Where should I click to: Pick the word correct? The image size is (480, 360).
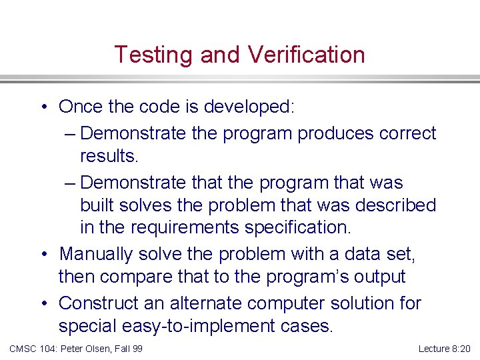click(x=407, y=133)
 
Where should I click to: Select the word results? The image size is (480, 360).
click(x=109, y=156)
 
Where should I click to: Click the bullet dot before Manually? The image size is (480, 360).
click(x=43, y=254)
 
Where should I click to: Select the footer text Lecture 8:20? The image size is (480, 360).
click(x=444, y=349)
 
